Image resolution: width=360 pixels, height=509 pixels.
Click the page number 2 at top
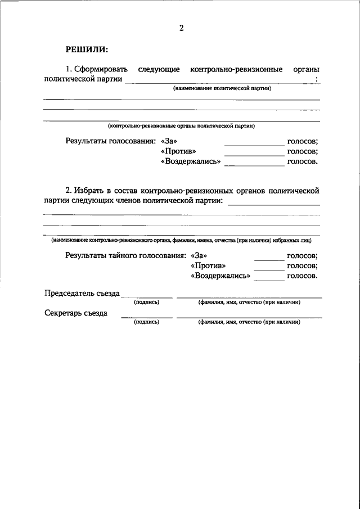tap(182, 28)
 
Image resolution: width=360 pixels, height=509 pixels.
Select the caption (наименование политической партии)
tap(222, 89)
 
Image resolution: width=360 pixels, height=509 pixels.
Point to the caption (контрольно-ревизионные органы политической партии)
tap(182, 126)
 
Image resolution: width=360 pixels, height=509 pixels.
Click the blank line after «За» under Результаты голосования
tap(255, 145)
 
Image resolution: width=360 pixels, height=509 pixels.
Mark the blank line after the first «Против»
tap(255, 155)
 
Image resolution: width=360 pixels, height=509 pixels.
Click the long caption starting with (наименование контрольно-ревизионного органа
tap(181, 240)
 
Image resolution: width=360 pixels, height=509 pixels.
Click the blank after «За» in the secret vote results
tap(269, 259)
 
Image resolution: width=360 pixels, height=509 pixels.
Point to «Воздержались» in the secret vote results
tap(221, 276)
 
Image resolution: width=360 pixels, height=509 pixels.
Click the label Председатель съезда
tap(82, 293)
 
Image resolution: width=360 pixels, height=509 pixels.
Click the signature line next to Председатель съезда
tap(147, 296)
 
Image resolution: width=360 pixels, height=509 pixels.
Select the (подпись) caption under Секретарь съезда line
tap(146, 322)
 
